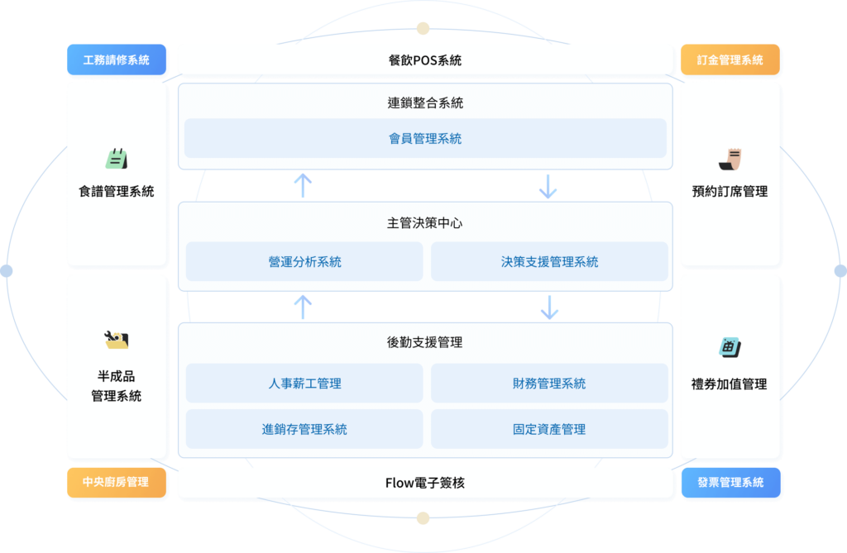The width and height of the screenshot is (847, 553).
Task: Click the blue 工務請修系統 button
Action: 117,60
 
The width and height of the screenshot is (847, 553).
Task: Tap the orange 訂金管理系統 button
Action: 730,60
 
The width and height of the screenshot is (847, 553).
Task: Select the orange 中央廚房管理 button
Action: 117,482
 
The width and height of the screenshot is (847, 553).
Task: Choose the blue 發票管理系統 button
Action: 731,482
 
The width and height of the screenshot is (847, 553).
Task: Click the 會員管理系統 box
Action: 425,138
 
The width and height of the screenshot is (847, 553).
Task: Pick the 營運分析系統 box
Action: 304,262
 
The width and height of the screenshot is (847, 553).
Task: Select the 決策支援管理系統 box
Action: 549,262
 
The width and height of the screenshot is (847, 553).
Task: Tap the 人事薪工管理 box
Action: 304,384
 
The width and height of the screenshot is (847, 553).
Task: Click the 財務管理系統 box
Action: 549,384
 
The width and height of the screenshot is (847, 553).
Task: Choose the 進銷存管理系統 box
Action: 304,429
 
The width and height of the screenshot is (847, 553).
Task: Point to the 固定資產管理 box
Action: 549,429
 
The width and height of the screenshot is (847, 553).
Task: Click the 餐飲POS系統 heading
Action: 425,60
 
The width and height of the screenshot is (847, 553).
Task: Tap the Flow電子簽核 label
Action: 425,483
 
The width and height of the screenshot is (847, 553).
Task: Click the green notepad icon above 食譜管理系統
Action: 117,159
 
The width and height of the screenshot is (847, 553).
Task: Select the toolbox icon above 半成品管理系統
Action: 116,340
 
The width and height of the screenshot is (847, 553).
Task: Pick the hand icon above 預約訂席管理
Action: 730,159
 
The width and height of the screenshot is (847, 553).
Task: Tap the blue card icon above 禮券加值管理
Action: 730,347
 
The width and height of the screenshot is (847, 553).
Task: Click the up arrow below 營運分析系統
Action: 303,307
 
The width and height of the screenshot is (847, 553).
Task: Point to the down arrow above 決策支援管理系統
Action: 548,186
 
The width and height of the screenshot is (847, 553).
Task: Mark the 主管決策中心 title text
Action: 425,223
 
